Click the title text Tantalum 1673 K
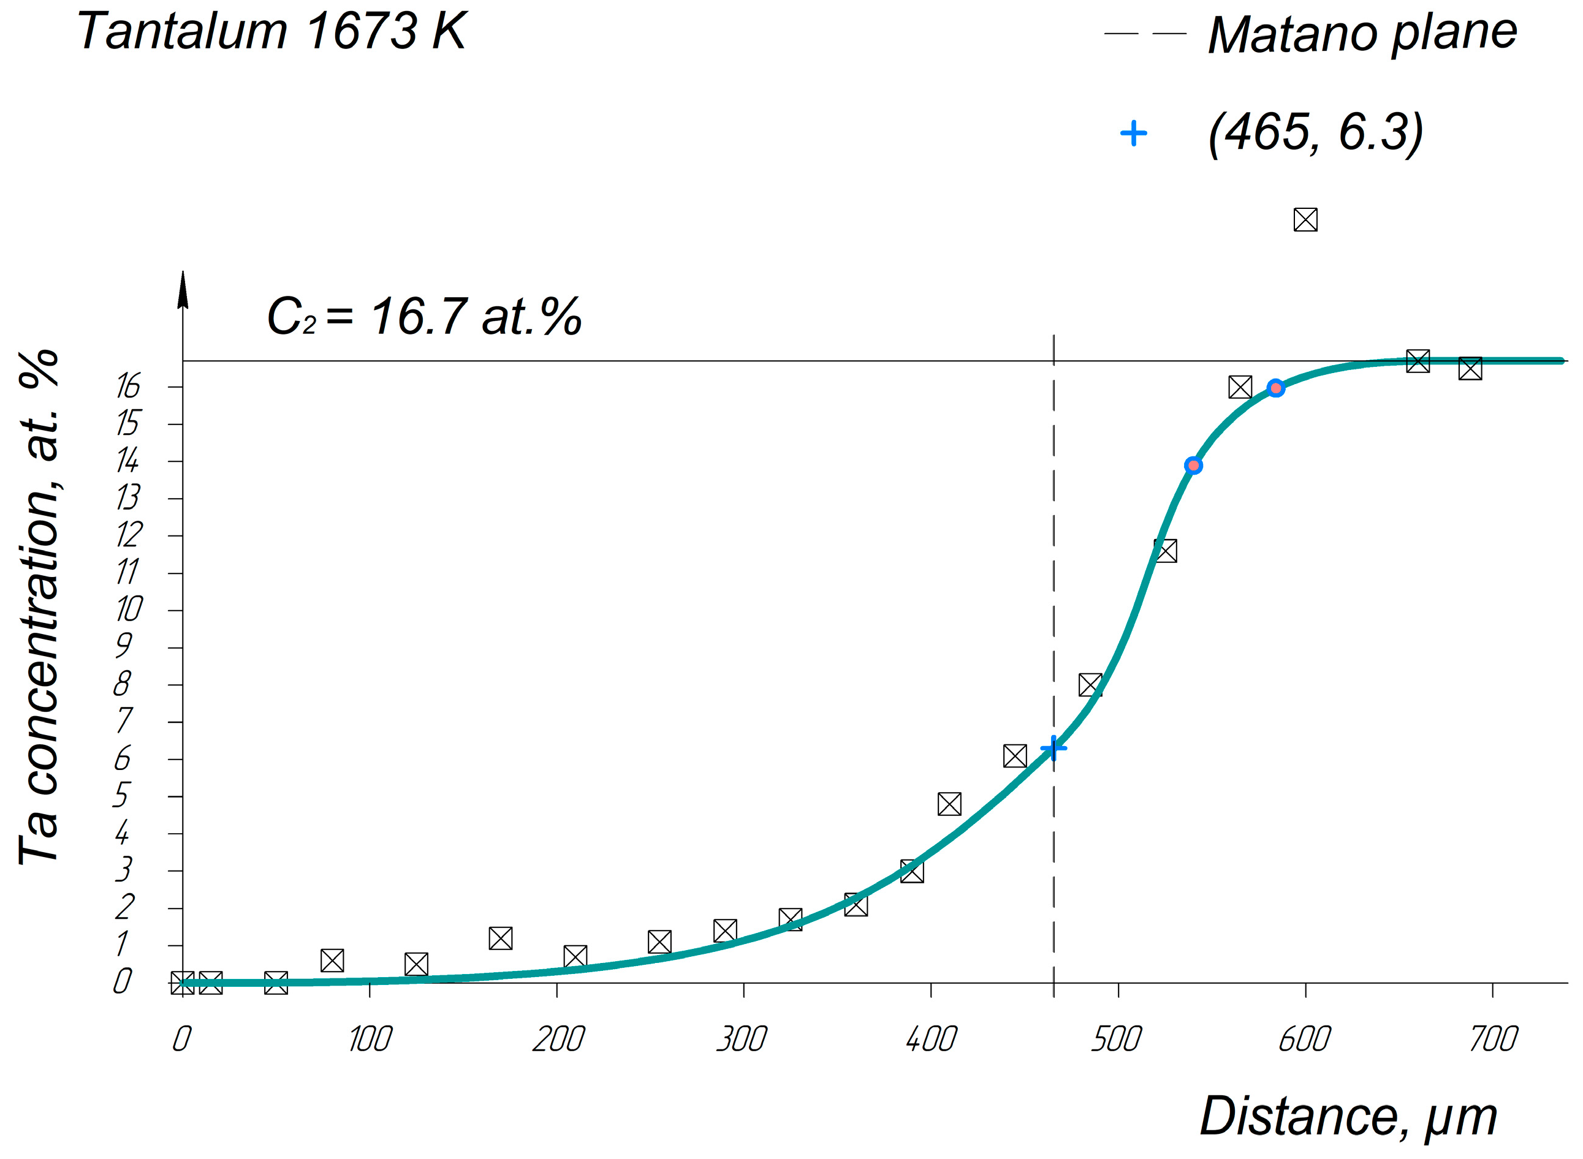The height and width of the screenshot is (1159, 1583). [271, 32]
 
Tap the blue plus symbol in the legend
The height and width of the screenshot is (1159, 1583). [1133, 134]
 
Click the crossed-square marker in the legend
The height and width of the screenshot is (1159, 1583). [1305, 219]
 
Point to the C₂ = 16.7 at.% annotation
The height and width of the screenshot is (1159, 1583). [424, 317]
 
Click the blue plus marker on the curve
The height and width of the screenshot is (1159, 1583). [1053, 749]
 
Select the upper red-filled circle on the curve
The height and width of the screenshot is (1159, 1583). [1276, 388]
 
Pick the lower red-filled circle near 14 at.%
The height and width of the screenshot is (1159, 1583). [1193, 466]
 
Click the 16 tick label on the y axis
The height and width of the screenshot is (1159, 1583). [129, 387]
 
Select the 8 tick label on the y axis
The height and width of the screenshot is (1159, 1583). [122, 684]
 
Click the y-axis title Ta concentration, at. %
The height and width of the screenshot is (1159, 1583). [40, 607]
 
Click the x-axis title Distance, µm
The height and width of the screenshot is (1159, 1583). [1348, 1116]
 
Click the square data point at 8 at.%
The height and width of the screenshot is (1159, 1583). [1090, 685]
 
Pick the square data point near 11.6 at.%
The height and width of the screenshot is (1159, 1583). [1165, 551]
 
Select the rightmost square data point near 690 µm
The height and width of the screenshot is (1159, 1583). [1470, 368]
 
